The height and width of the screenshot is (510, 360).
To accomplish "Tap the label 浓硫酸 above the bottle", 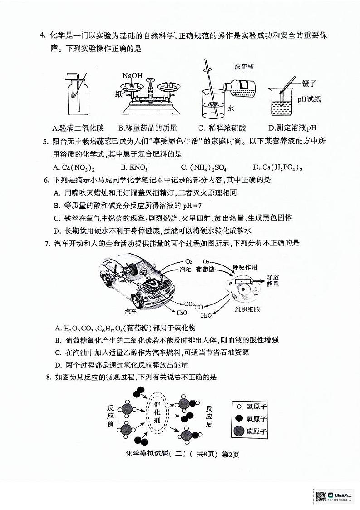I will [x=244, y=66].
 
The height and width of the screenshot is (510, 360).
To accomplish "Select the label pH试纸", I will [x=309, y=99].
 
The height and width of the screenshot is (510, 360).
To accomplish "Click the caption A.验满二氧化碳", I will [x=78, y=127].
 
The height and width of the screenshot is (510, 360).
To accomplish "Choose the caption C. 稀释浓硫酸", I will [x=219, y=127].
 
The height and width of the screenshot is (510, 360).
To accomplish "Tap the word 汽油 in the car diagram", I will [x=186, y=269].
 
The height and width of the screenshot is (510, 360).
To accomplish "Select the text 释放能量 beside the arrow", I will [x=273, y=280].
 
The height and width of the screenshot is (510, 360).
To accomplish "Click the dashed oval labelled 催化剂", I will [x=157, y=415].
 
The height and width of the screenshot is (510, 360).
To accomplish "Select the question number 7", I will [x=47, y=243].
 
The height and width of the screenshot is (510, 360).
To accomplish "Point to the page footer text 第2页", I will [x=230, y=455].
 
